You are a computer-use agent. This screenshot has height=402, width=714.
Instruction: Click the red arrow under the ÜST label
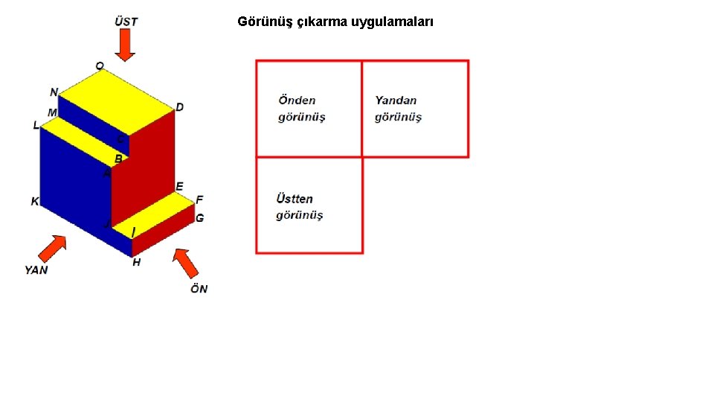coord(126,45)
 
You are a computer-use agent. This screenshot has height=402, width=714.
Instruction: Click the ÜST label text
coord(126,21)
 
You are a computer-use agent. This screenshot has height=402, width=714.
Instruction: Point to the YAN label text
coord(36,269)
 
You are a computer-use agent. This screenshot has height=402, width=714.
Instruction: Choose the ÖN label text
coord(199,288)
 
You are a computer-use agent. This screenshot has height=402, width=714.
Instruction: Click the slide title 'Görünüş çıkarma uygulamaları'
coord(335,22)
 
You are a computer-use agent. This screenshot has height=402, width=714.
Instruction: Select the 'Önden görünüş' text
coord(301,109)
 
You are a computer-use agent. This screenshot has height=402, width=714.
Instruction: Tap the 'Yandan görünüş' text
coord(398,109)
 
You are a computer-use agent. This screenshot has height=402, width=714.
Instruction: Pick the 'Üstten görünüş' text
coord(299,207)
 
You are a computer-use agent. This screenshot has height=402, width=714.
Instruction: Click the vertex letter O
coord(99,66)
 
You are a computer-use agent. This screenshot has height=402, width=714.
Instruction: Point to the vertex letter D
coord(179,107)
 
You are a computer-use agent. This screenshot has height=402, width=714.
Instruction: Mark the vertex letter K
coord(34,201)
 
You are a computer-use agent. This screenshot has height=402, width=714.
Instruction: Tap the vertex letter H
coord(136,262)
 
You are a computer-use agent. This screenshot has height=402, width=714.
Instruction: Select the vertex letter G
coord(199,218)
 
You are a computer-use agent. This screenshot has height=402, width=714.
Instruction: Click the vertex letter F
coord(199,200)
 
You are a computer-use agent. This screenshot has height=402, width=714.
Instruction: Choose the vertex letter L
coord(36,126)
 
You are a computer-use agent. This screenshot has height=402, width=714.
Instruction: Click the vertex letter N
coord(54,92)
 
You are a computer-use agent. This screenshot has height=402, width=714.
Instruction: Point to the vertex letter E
coord(179,185)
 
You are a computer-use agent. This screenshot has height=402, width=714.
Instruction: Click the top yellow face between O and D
coord(126,100)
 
